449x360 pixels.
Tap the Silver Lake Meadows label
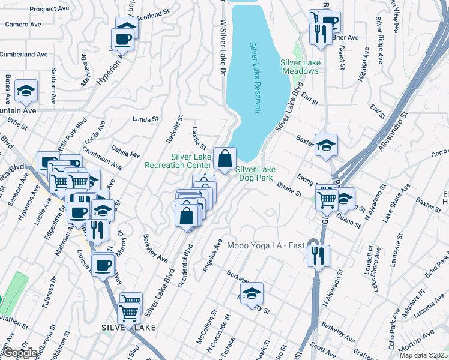299,67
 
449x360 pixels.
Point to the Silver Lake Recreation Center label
178,161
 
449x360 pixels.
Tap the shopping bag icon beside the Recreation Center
224,160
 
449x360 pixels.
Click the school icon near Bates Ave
26,91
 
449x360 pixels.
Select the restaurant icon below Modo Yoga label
318,255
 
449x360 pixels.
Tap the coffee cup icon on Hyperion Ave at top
124,40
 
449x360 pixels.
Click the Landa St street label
144,119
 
